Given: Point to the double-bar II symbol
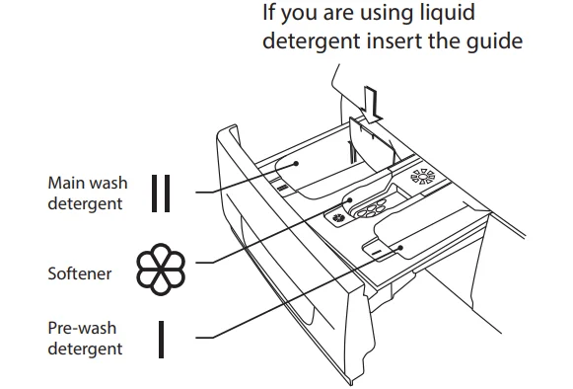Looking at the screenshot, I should point(160,194).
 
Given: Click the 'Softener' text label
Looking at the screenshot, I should point(80,273).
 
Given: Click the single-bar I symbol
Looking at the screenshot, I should point(160,337).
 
